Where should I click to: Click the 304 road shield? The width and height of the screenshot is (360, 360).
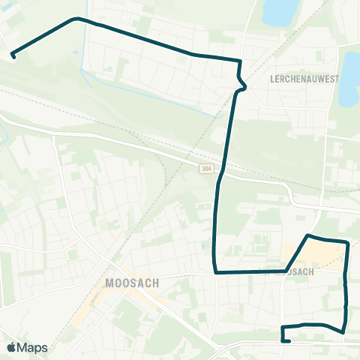tap(206, 169)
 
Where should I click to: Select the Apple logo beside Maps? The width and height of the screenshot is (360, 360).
tap(11, 347)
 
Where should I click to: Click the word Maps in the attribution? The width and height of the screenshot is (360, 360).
tap(32, 347)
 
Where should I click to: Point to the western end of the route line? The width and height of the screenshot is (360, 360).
tap(13, 54)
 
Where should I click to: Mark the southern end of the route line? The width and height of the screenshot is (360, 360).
tap(289, 340)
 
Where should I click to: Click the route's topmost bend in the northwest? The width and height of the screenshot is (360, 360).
tap(75, 18)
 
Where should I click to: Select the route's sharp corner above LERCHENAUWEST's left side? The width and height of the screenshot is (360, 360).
tap(240, 61)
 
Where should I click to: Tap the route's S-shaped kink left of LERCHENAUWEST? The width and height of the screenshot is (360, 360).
tap(241, 83)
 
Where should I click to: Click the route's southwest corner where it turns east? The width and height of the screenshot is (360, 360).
tap(216, 272)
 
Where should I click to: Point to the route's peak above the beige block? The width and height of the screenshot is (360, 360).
tap(308, 236)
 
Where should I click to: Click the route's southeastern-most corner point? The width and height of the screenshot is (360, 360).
tap(343, 331)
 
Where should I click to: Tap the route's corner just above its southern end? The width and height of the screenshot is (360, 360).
tap(282, 328)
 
